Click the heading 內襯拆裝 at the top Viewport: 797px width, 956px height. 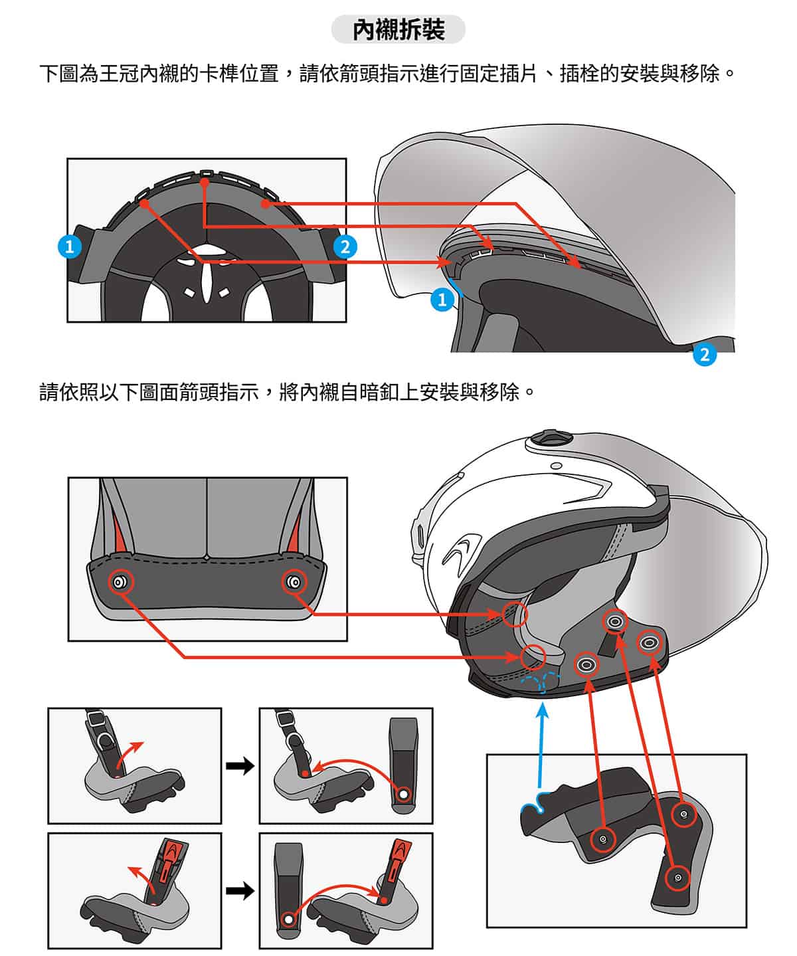tap(398, 30)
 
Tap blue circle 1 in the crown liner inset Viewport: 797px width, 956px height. tap(69, 246)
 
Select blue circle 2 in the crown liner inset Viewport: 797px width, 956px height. tap(345, 246)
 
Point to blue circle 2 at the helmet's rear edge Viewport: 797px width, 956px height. tap(704, 355)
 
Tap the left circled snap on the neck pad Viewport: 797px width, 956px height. tap(120, 583)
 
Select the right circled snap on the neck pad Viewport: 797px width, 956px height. tap(294, 583)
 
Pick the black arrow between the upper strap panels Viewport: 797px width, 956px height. tap(240, 766)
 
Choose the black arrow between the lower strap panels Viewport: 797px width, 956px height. tap(240, 890)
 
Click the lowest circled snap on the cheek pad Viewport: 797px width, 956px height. tap(677, 878)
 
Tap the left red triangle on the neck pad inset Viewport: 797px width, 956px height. tap(116, 531)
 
